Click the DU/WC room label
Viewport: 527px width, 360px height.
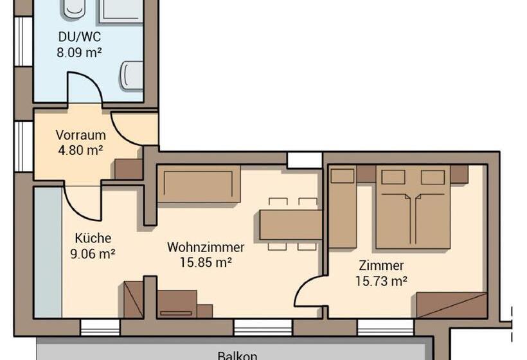[80, 37]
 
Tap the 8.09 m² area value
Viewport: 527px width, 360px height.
[79, 53]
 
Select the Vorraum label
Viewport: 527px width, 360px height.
[81, 135]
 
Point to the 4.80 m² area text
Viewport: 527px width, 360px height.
[81, 150]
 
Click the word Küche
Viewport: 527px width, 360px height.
[93, 238]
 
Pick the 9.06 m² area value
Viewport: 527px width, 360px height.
[93, 253]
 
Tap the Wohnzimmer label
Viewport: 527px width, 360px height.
[206, 247]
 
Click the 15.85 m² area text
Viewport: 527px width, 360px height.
[206, 262]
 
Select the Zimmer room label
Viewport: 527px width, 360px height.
[381, 265]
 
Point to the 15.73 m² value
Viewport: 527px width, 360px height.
[382, 281]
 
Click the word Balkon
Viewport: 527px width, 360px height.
[237, 355]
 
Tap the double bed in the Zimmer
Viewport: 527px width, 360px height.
[413, 207]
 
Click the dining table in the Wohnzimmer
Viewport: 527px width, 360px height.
[291, 224]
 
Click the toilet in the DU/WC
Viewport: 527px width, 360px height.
[132, 75]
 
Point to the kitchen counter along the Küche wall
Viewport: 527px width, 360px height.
[48, 252]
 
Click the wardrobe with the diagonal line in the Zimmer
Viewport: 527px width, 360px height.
[452, 305]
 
